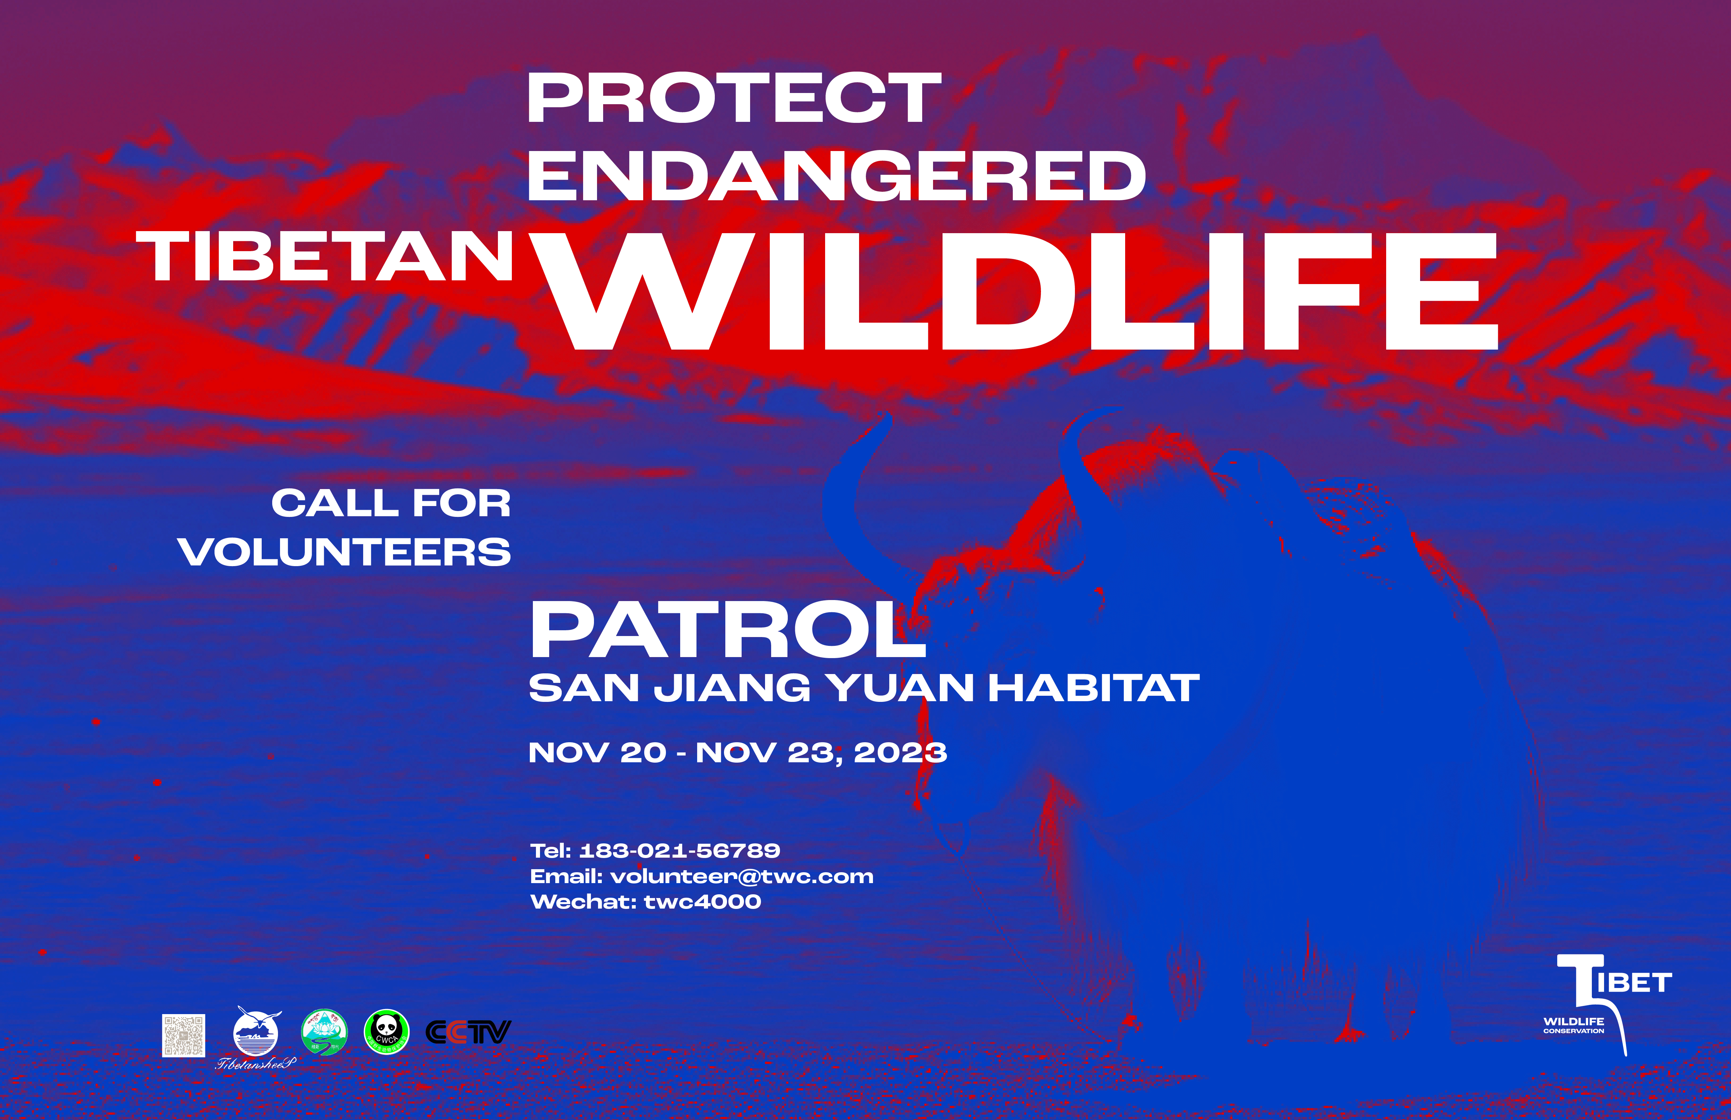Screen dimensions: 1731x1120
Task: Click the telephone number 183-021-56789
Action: [x=679, y=850]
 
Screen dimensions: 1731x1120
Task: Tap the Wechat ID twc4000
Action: [x=703, y=902]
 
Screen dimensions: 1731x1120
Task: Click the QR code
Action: [x=183, y=1035]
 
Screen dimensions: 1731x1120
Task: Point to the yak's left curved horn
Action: [x=855, y=502]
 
